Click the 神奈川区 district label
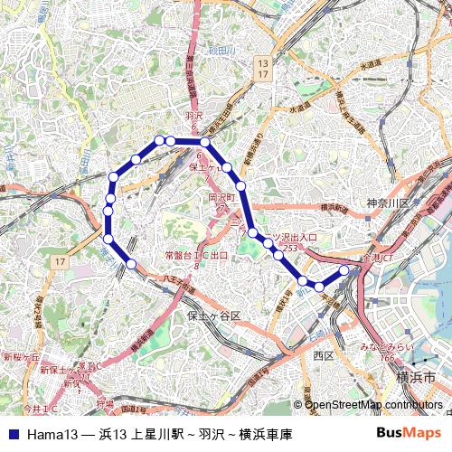389,202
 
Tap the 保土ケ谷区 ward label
213,316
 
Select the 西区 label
324,356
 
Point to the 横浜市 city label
421,375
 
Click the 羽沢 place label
193,116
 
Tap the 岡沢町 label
221,196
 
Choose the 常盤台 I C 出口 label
196,256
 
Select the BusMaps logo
408,434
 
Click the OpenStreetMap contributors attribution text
373,405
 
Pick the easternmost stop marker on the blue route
344,269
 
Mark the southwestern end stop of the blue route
131,264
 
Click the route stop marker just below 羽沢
205,142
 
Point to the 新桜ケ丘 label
21,358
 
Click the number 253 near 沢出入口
289,248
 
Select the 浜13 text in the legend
113,435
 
